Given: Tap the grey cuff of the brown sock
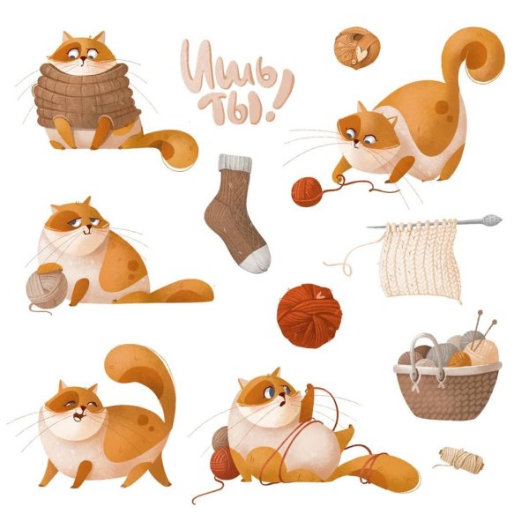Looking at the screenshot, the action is [x=235, y=163].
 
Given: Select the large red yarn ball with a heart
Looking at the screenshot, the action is [x=309, y=316].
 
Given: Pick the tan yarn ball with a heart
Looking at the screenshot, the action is [x=357, y=48].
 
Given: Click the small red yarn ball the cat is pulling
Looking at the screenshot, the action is [x=308, y=192].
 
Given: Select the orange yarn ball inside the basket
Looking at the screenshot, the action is [x=459, y=360].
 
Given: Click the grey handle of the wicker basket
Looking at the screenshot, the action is [x=427, y=351].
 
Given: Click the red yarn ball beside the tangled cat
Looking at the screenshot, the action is [x=224, y=463].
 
